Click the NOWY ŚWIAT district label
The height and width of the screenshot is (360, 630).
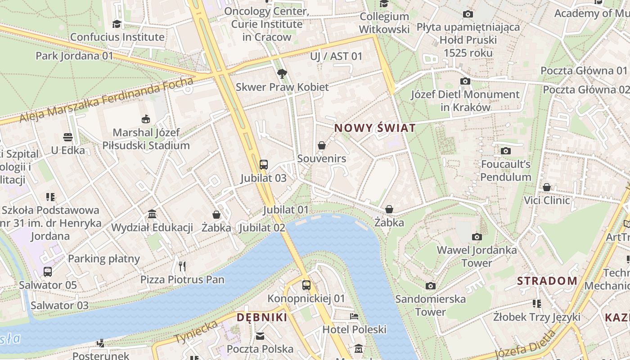pos(375,128)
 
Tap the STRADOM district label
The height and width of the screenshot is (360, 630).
pos(547,281)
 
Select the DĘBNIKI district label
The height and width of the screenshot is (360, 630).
pos(262,317)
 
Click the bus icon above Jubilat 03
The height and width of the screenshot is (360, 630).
pos(264,164)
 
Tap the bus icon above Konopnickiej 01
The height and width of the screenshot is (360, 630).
pos(306,285)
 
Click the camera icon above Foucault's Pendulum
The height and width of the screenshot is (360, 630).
pos(506,151)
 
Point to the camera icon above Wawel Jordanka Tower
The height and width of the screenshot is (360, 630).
pos(477,237)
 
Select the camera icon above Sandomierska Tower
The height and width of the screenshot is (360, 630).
pos(431,286)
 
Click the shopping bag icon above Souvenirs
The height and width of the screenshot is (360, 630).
pos(322,145)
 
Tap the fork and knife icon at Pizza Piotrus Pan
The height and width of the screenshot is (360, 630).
pos(182,266)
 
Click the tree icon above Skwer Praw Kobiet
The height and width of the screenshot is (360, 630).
pos(282,73)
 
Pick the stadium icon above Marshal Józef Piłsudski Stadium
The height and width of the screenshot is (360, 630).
pos(146,119)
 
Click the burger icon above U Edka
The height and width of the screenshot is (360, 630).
pos(68,137)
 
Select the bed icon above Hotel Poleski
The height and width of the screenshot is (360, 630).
pos(354,316)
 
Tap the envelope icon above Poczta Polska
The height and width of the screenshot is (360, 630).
pos(260,336)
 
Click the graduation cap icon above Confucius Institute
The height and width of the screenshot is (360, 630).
pos(117,23)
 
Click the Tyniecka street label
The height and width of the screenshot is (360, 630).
pos(196,332)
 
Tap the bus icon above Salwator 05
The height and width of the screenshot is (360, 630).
pos(48,271)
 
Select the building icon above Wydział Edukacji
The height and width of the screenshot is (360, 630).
pos(152,214)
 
